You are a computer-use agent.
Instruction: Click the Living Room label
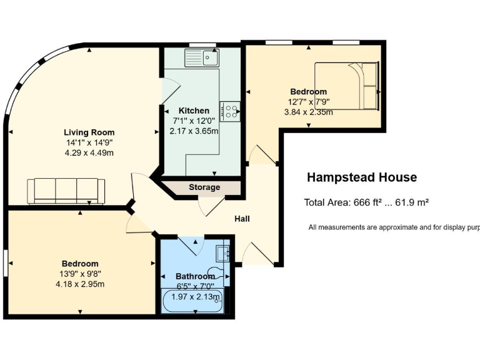coord(89,132)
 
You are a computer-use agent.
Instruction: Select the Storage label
coord(204,187)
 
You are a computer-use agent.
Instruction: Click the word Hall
coord(242,219)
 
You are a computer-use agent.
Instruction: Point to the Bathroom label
coord(195,276)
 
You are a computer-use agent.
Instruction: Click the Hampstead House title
coord(361,177)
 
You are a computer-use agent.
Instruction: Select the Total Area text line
coord(366,202)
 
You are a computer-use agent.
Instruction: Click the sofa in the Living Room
coord(66,191)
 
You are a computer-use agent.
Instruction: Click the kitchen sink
coord(201,58)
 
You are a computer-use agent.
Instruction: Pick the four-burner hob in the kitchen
coord(230,111)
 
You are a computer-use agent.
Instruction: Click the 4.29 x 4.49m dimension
coord(89,152)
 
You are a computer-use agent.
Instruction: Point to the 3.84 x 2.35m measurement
coord(308,112)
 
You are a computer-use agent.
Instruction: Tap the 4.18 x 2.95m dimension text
coord(80,284)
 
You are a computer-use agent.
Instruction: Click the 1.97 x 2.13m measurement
coord(196,296)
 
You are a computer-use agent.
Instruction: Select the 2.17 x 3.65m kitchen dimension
coord(194,131)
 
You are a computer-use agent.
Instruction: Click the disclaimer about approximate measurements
coord(394,227)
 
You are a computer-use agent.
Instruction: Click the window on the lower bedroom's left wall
coord(6,261)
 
